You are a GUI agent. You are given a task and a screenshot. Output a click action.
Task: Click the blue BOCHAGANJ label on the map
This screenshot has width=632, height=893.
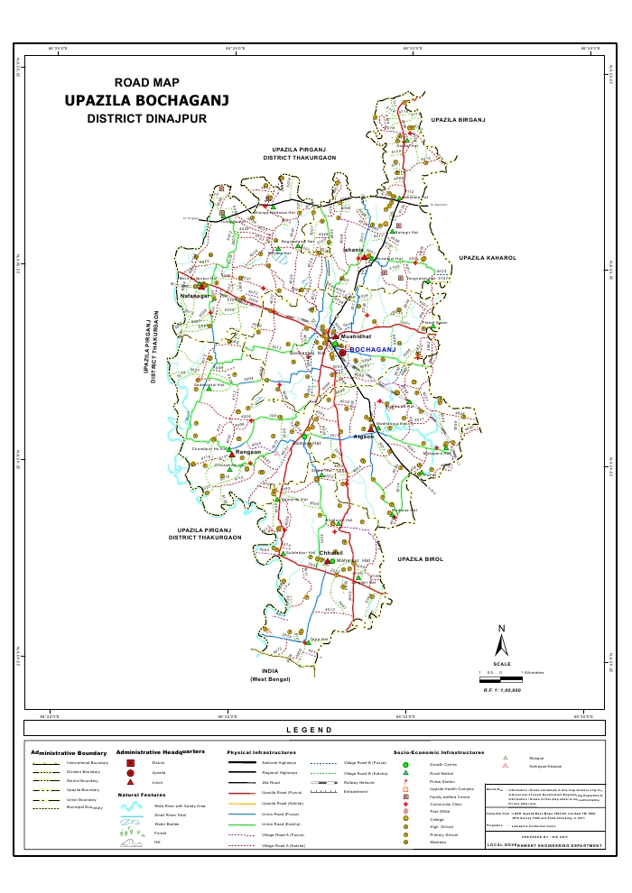click(373, 348)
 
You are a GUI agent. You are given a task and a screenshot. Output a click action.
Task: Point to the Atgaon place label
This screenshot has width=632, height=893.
click(364, 437)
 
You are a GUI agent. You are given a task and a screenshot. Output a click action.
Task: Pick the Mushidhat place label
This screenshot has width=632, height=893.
click(344, 335)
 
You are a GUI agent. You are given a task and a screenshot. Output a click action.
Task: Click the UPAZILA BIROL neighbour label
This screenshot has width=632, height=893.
click(421, 559)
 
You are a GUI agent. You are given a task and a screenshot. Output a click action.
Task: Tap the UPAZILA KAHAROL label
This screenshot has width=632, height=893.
click(487, 258)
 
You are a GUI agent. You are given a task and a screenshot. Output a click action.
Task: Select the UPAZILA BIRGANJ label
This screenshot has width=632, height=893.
click(459, 119)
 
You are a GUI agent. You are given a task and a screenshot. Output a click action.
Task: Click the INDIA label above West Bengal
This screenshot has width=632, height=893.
click(268, 672)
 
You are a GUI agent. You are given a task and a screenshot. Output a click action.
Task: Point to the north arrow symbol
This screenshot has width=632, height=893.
click(502, 641)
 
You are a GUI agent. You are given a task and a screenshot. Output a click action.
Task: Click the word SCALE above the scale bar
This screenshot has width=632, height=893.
click(502, 664)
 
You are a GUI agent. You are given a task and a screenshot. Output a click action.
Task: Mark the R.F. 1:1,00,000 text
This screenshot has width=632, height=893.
click(502, 689)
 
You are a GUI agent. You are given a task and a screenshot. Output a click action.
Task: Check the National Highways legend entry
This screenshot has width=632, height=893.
click(280, 763)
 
